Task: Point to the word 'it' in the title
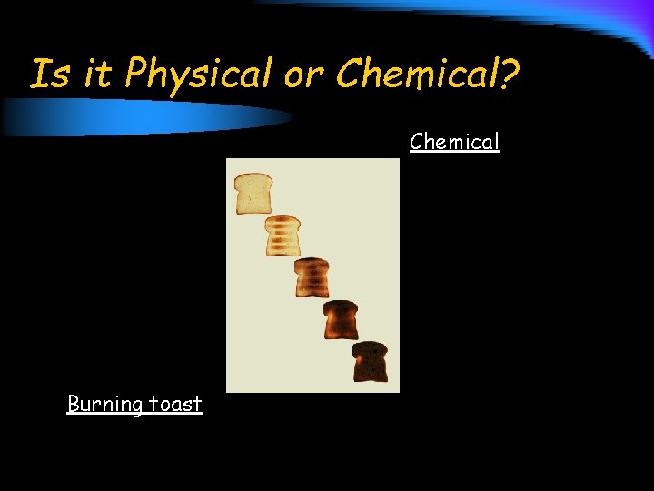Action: (x=97, y=74)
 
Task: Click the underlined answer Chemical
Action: (x=454, y=142)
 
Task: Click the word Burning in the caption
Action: (x=104, y=404)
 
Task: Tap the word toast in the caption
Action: (x=175, y=404)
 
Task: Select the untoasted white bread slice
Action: (x=253, y=193)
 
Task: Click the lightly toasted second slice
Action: (x=282, y=235)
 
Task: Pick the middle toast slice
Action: (x=312, y=277)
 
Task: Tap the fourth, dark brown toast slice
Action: (x=342, y=319)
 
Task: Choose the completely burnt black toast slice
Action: (x=370, y=361)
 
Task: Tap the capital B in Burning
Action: (x=73, y=403)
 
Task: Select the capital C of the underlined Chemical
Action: (x=416, y=142)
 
